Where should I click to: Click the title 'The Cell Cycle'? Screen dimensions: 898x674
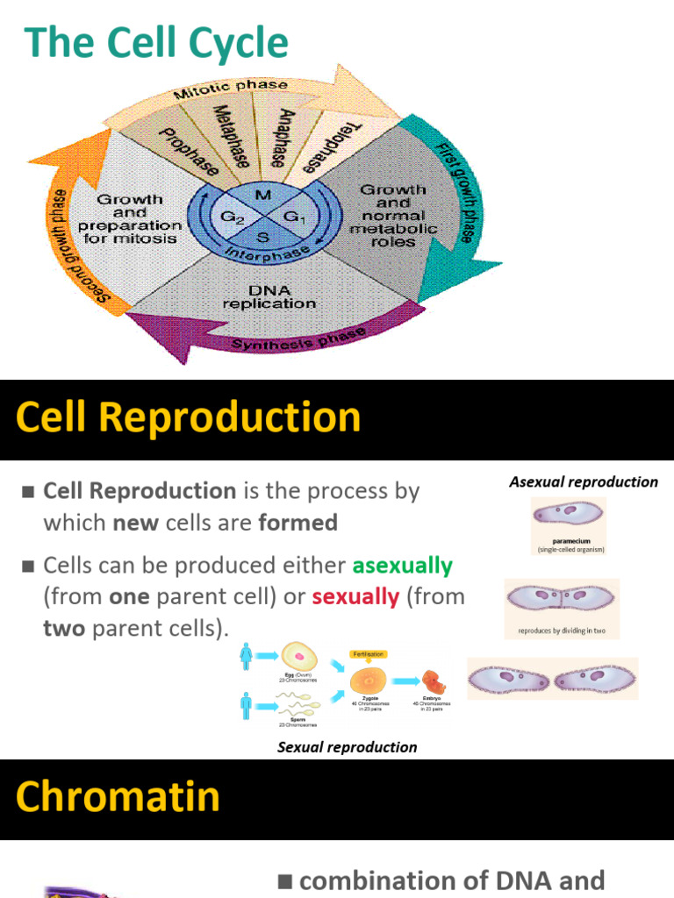click(156, 43)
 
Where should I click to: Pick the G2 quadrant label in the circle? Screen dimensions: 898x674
click(231, 216)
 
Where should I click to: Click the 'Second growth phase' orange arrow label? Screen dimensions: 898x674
click(80, 246)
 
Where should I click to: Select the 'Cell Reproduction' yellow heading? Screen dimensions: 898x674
click(188, 417)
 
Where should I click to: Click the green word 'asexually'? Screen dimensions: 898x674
click(402, 566)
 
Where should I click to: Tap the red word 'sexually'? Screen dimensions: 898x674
click(355, 597)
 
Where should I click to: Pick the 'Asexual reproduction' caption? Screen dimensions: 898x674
click(583, 481)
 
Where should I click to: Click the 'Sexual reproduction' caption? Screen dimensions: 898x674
click(347, 747)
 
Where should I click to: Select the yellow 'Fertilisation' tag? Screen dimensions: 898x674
click(367, 653)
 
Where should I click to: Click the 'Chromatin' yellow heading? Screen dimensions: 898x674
click(118, 796)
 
